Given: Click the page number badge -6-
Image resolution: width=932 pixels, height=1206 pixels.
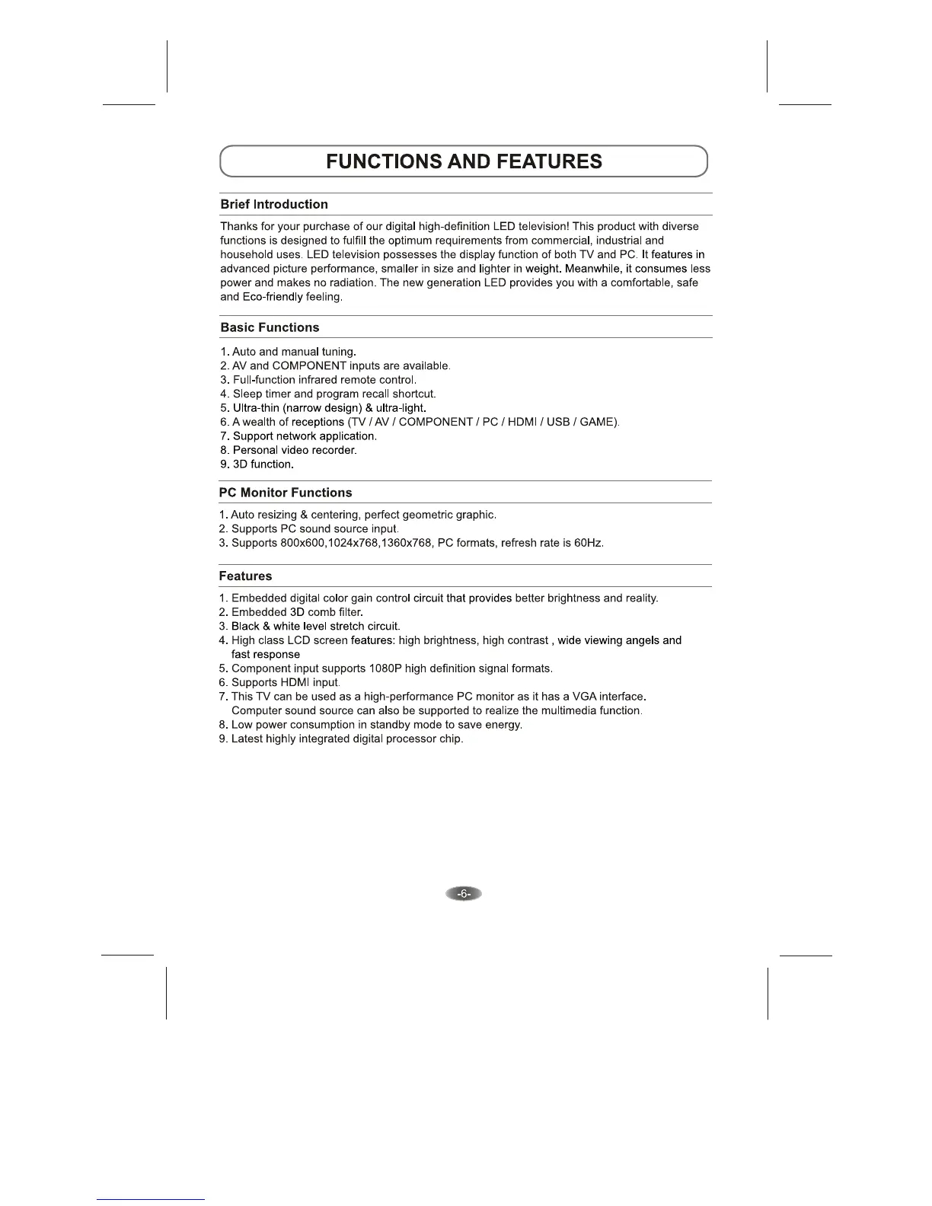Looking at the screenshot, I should click(464, 894).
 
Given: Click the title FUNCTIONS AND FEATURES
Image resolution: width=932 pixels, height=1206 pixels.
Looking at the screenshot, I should click(464, 161).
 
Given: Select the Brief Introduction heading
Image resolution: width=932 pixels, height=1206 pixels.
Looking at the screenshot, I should click(274, 204).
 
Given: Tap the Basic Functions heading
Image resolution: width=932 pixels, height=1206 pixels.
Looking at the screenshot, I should click(270, 327).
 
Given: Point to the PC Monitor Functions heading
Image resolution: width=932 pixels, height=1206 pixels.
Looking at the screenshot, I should click(286, 493).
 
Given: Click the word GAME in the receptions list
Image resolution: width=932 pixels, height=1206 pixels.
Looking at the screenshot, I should click(598, 422).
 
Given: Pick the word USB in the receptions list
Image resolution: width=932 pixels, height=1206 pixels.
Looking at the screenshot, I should click(558, 422).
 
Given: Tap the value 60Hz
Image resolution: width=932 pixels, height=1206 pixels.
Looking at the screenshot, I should click(589, 543).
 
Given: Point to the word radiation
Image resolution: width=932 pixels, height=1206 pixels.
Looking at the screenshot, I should click(352, 282).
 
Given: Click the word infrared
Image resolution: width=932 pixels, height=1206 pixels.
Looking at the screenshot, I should click(311, 380).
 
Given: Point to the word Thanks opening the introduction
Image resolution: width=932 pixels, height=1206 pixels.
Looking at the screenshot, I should click(239, 226).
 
